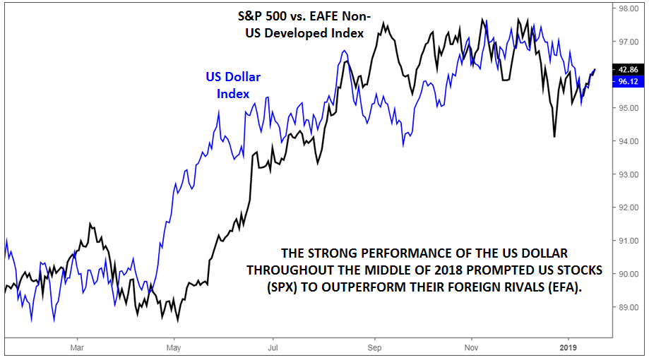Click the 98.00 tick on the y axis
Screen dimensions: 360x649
pos(628,8)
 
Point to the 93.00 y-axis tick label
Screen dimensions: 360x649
pos(628,174)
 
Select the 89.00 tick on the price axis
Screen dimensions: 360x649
pos(628,308)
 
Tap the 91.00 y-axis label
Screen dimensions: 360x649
pos(628,241)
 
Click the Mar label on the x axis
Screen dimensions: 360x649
pos(77,348)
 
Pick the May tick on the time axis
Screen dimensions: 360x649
pos(174,348)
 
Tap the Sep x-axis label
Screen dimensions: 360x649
pos(374,348)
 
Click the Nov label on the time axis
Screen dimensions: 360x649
pos(471,348)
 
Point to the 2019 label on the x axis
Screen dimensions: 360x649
pos(569,348)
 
